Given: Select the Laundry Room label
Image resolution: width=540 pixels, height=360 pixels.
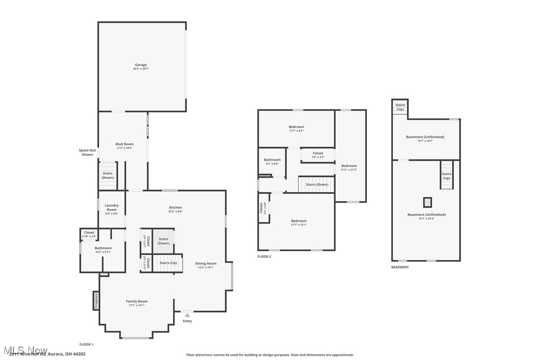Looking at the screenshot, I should pyautogui.click(x=111, y=207).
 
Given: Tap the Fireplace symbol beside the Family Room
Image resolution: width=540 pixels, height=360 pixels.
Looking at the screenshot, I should pyautogui.click(x=96, y=300).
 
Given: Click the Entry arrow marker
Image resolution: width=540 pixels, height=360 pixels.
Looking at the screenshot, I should pyautogui.click(x=187, y=315).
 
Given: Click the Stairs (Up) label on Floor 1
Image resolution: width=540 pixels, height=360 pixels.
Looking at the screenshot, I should pyautogui.click(x=168, y=263).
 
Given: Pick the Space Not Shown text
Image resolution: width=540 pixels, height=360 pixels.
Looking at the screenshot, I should pyautogui.click(x=88, y=152).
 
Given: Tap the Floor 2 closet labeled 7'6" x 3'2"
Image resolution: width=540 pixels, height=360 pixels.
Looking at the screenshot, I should pyautogui.click(x=318, y=155).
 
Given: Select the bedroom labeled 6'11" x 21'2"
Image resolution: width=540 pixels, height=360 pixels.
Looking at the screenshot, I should pyautogui.click(x=349, y=168).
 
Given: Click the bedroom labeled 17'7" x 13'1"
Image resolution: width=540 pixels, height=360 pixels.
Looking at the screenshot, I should pyautogui.click(x=299, y=222).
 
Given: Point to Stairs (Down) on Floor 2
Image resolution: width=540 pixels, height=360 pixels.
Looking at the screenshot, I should pyautogui.click(x=317, y=184).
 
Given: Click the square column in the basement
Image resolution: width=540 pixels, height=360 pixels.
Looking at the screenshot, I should pyautogui.click(x=427, y=202).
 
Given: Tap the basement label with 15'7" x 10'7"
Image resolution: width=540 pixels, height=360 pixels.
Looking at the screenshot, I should pyautogui.click(x=425, y=138).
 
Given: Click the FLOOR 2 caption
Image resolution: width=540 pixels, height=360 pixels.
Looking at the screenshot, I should pyautogui.click(x=264, y=257).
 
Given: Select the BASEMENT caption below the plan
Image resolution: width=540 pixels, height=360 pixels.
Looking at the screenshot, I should pyautogui.click(x=400, y=267).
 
